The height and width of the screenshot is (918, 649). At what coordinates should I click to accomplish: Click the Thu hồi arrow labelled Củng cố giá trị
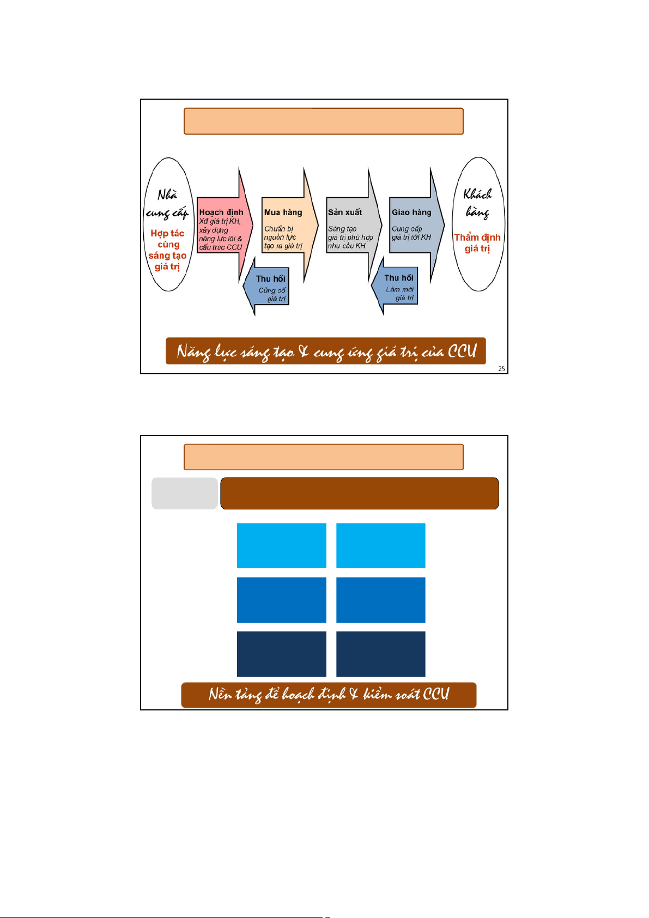(270, 288)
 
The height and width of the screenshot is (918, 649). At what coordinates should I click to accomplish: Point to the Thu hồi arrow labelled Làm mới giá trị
(398, 287)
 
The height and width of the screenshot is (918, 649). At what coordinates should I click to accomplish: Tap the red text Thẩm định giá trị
(477, 243)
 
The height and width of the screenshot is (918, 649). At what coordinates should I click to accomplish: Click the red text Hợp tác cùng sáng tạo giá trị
(167, 250)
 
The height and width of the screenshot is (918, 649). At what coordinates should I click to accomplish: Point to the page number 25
(501, 369)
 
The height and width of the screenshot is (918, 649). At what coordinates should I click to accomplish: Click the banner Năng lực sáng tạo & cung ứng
(325, 351)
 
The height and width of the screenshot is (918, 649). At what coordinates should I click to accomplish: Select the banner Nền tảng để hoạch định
(329, 695)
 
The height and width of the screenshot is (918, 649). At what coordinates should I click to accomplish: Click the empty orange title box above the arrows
(324, 121)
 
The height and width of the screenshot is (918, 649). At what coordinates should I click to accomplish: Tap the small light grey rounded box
(185, 494)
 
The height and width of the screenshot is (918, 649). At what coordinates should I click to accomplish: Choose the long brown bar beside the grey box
(360, 494)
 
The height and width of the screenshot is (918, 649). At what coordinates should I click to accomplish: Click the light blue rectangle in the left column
(281, 545)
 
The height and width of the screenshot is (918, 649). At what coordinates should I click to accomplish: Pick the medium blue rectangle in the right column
(380, 599)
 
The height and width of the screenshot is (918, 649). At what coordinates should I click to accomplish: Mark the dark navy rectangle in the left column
(281, 654)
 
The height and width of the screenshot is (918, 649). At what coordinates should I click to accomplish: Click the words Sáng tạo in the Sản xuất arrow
(342, 229)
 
